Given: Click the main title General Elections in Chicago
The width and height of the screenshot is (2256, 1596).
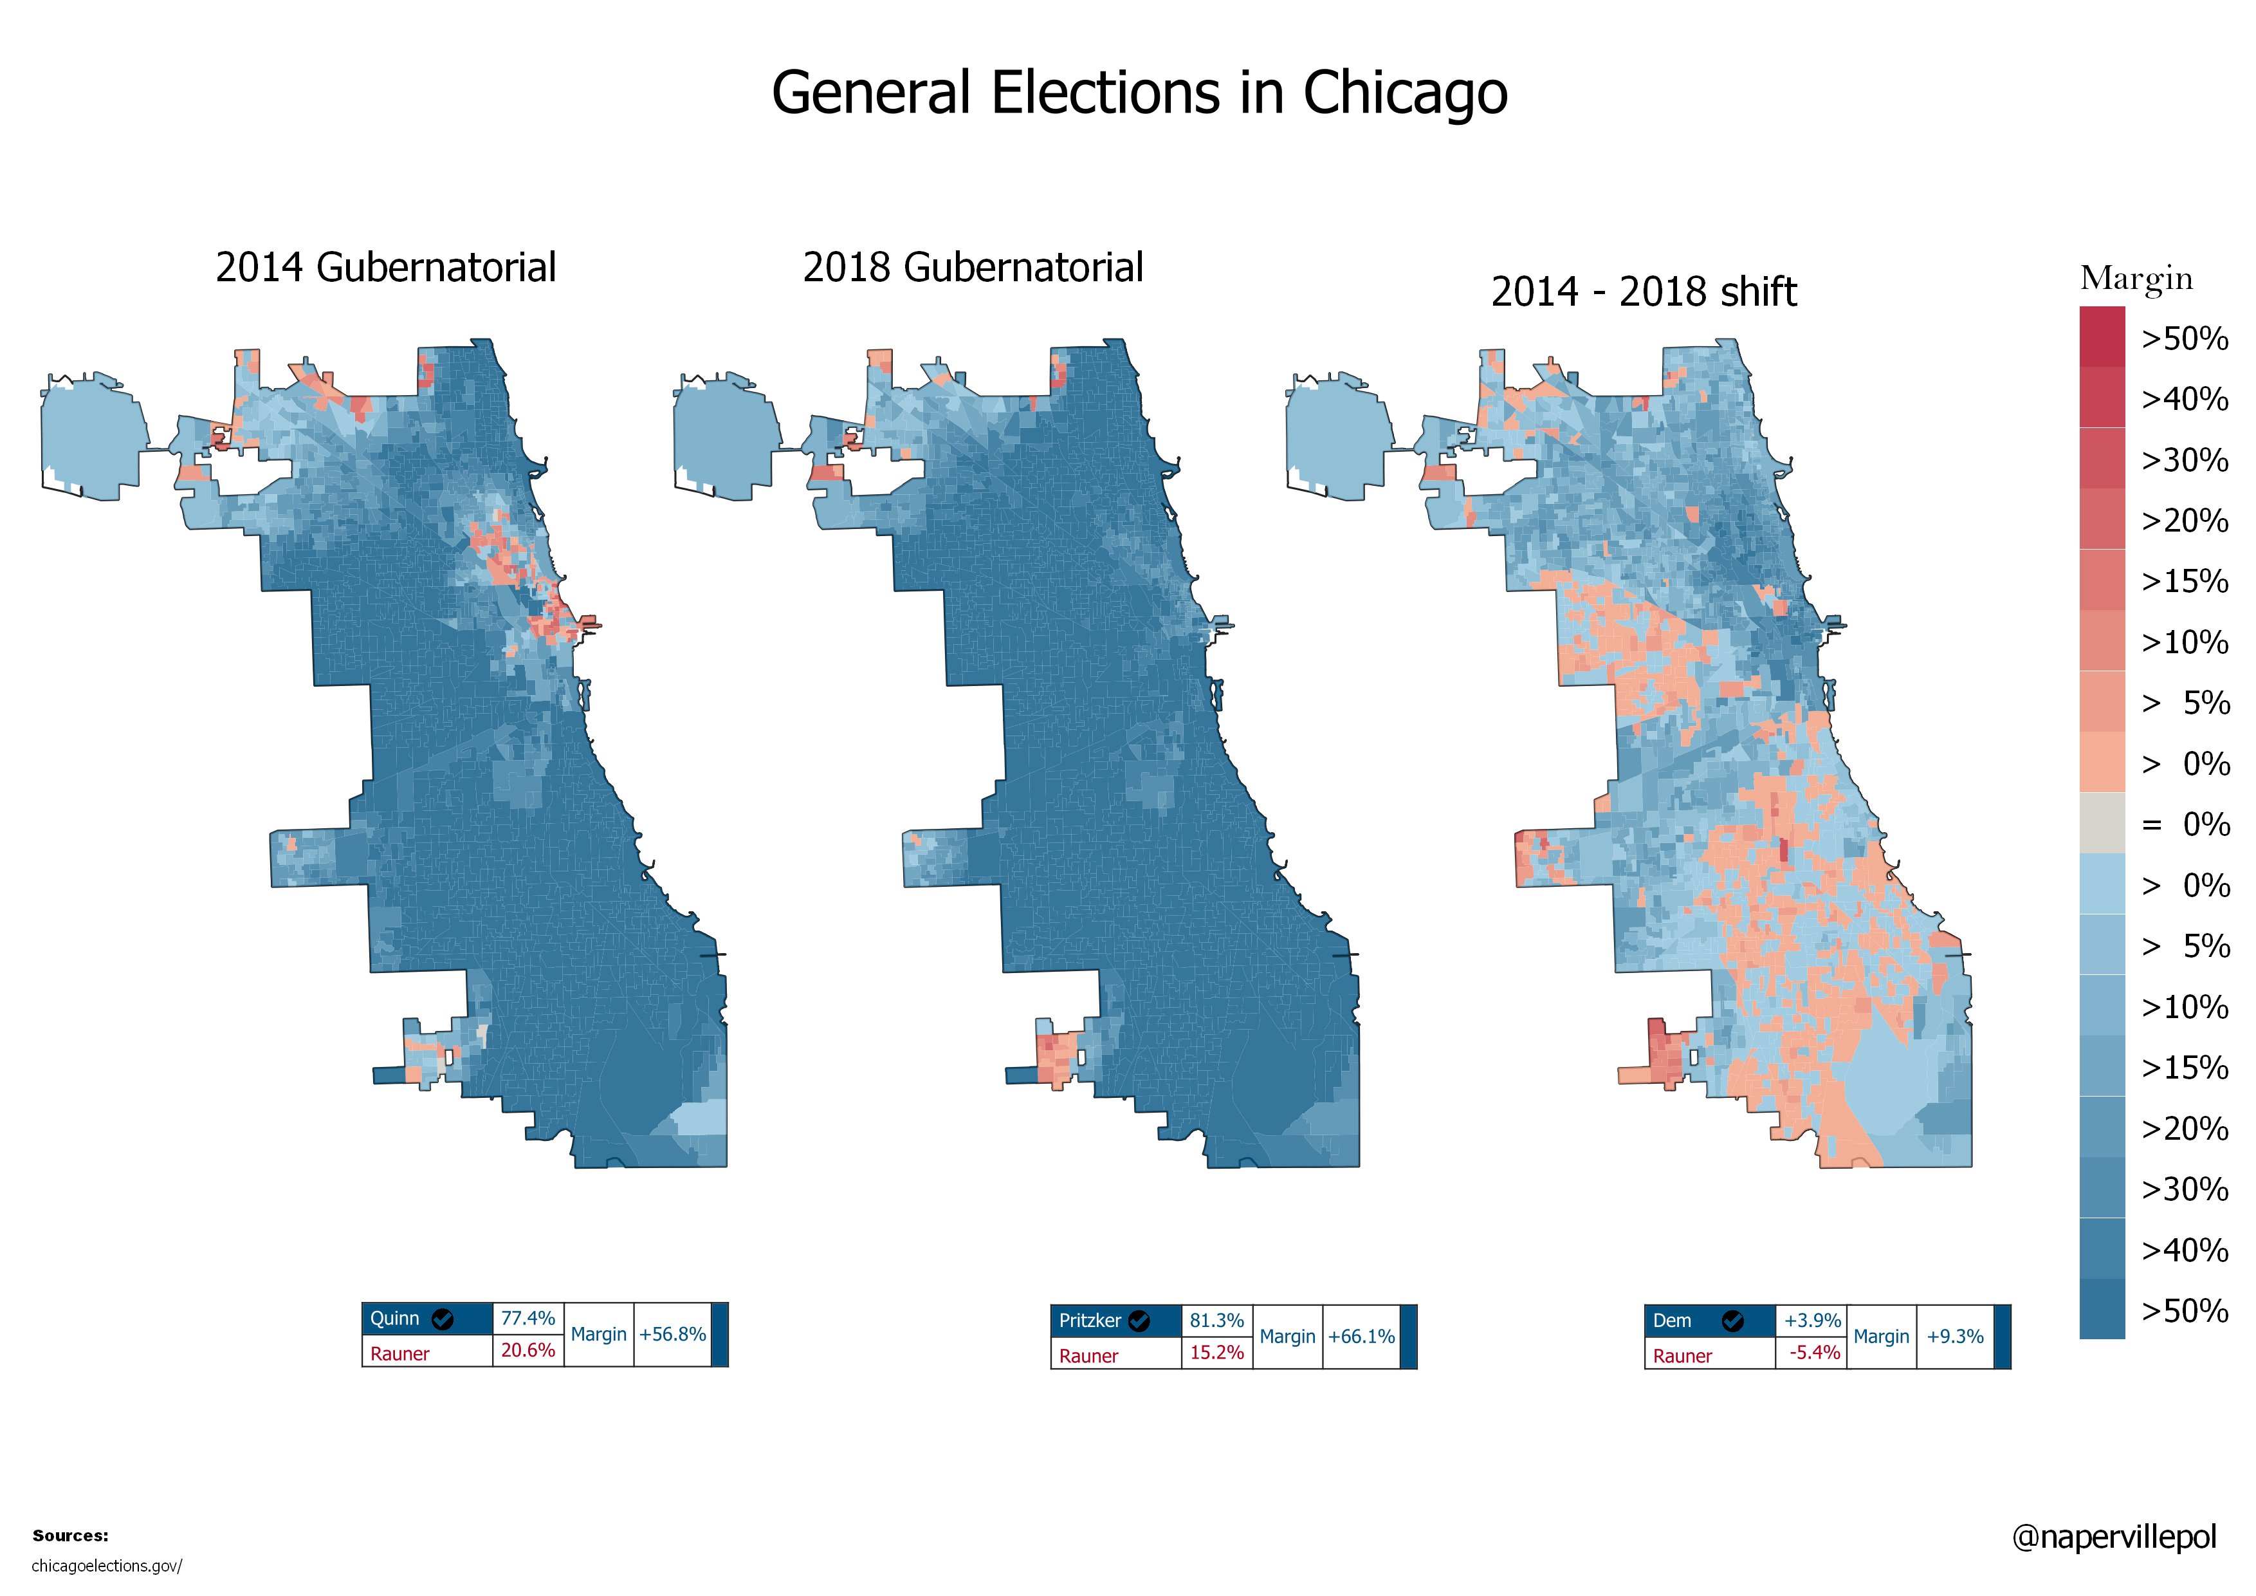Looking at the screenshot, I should [1139, 93].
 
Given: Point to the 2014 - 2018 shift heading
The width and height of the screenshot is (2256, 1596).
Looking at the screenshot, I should [1643, 292].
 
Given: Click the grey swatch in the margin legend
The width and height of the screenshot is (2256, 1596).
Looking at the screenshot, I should [2101, 824].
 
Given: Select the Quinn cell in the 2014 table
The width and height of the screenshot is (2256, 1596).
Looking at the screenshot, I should [395, 1319].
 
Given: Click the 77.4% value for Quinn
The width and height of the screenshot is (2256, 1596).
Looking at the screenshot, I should [527, 1319].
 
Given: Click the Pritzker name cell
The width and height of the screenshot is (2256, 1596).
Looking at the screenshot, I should [1090, 1321].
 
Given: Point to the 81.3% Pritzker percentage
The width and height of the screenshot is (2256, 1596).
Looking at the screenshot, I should [1216, 1321].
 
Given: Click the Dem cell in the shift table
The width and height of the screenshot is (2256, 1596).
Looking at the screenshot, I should [1673, 1321].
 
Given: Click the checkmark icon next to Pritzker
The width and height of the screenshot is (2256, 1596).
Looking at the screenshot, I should [1139, 1321].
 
